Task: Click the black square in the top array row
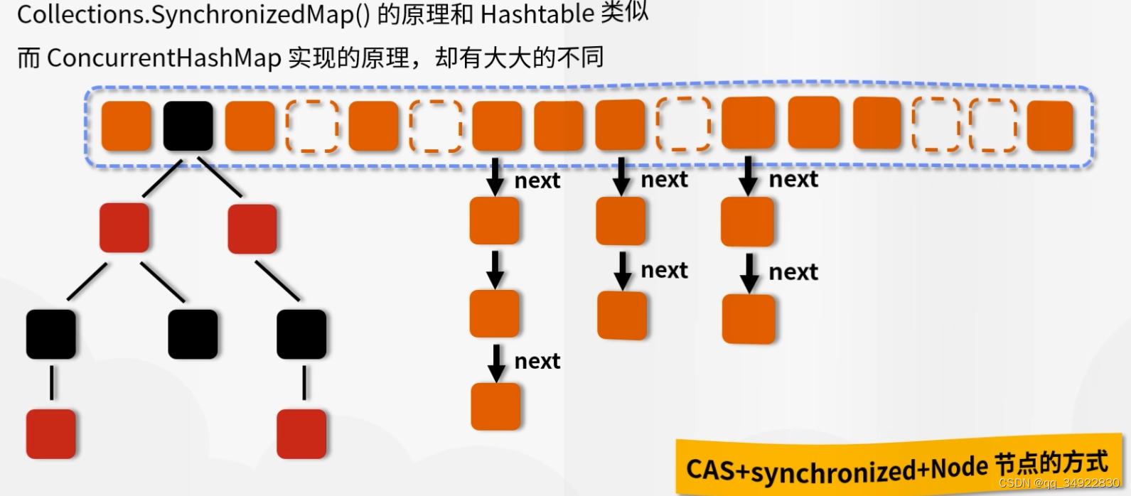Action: [188, 126]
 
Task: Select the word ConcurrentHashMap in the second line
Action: [164, 58]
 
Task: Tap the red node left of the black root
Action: [124, 227]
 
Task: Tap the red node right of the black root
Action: [252, 229]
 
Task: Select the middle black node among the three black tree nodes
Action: [193, 334]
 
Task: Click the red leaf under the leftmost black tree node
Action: [50, 433]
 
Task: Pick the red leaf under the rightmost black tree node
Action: [301, 433]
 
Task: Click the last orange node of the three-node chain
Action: [495, 406]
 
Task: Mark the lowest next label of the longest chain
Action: [537, 362]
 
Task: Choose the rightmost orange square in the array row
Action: [1050, 126]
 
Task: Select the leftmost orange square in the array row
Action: [127, 126]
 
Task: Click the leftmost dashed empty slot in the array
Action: [312, 126]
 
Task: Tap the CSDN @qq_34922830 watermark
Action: [1058, 483]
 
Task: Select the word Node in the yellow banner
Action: [959, 468]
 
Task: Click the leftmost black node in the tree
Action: [50, 334]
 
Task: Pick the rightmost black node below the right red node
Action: [301, 334]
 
